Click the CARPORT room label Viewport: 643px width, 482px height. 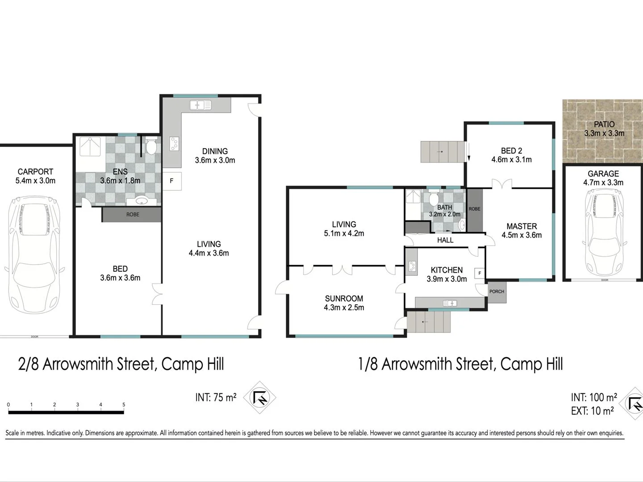pos(35,171)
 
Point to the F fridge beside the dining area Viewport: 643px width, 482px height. pos(171,181)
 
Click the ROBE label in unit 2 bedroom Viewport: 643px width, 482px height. pos(132,215)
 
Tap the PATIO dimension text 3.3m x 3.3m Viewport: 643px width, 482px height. pos(604,133)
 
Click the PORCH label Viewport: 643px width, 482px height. pos(497,291)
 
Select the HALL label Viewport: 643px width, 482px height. pos(445,240)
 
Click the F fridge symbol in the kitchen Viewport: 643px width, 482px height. pos(480,273)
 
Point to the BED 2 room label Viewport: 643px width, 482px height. pos(511,151)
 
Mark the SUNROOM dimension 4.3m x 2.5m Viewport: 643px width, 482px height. pos(344,307)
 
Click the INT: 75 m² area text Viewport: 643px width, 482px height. pos(216,397)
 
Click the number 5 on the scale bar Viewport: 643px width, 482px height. pos(124,405)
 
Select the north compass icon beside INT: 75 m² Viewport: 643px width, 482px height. pos(259,397)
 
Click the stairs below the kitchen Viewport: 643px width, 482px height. pos(429,322)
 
